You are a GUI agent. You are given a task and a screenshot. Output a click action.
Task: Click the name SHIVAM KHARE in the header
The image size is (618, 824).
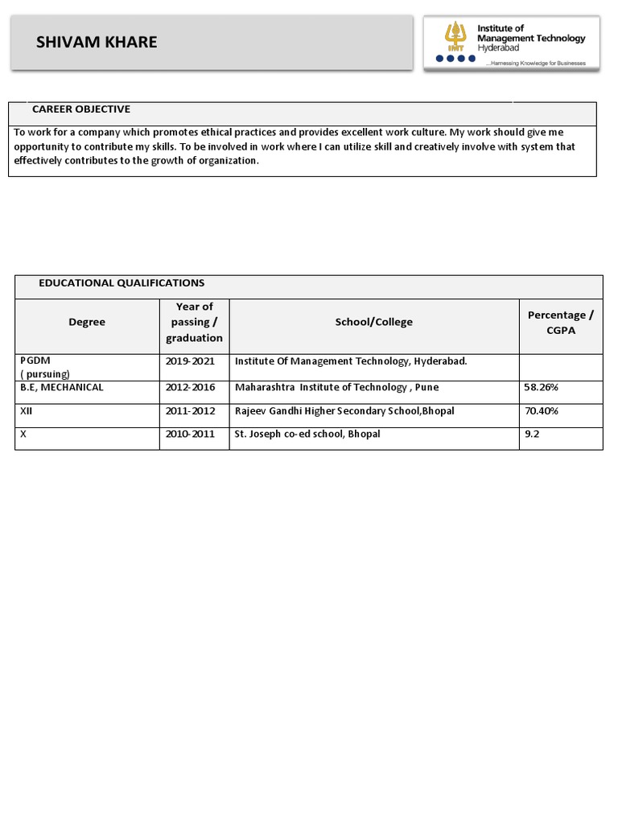coord(97,43)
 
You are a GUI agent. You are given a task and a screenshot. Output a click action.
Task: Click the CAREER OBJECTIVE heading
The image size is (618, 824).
coord(80,109)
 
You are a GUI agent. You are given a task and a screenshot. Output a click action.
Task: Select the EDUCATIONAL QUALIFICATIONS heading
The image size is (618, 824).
coord(122,283)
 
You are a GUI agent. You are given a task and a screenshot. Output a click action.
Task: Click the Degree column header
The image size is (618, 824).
coord(87,322)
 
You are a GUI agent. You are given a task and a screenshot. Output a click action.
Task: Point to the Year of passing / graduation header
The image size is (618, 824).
coord(194,322)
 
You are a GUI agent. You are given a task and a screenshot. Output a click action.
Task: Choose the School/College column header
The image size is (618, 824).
coord(373,322)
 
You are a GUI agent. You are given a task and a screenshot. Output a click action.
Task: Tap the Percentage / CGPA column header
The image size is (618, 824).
coord(561,322)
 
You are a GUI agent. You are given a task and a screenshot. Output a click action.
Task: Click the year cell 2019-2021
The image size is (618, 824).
coord(190,361)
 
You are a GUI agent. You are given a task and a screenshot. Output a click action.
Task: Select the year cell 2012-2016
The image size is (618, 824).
coord(190,387)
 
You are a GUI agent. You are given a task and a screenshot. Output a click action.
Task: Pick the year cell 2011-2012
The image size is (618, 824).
coord(190,411)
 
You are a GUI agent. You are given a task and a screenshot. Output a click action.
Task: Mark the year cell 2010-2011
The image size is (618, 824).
coord(190,435)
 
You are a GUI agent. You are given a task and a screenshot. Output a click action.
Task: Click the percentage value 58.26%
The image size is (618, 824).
coord(541,387)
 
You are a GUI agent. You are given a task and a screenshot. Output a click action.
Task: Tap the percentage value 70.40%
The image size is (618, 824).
coord(541,411)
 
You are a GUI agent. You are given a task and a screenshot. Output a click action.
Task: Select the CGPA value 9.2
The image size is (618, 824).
coord(532,435)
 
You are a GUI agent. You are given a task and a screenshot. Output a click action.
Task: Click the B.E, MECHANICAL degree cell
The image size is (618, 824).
coord(62,387)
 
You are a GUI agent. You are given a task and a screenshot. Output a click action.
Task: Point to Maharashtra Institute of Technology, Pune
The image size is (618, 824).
coord(336,387)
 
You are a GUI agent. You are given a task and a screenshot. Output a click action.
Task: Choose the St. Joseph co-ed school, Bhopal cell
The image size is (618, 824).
coord(307,435)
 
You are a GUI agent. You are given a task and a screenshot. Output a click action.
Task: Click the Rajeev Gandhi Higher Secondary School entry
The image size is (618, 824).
coord(344,411)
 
